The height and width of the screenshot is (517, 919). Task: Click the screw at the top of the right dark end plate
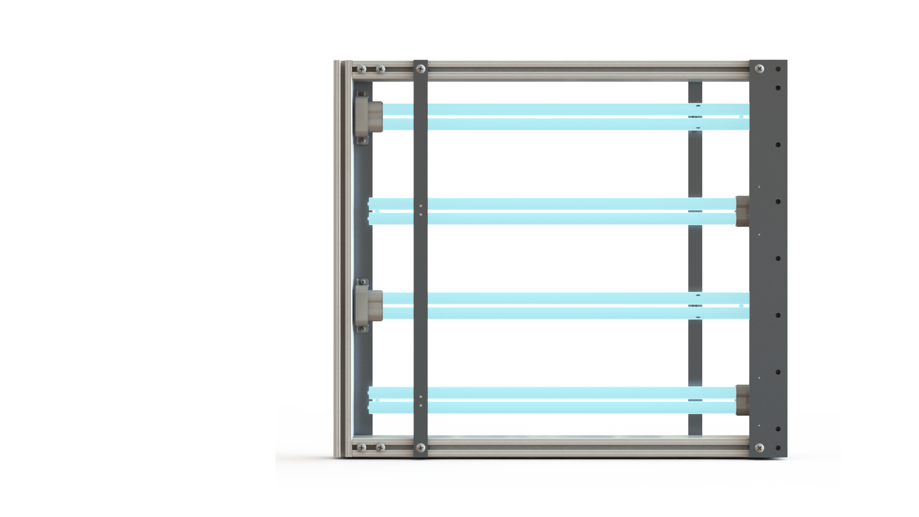click(759, 69)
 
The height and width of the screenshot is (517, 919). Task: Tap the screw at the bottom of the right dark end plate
click(759, 448)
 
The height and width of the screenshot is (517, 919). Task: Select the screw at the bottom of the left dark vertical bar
click(420, 448)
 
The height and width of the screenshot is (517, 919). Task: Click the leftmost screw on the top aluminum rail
click(362, 69)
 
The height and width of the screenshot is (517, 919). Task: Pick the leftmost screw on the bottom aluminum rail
click(362, 448)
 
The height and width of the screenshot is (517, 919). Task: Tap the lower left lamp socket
click(368, 305)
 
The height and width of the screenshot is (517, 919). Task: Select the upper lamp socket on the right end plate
click(742, 210)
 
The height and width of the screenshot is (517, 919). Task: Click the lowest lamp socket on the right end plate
click(742, 399)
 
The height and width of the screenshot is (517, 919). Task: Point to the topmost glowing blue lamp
click(560, 116)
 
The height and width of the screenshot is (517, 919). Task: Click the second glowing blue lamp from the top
click(560, 211)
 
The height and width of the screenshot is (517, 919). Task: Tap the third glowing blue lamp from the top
click(560, 305)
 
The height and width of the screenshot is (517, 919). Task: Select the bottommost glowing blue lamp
click(560, 400)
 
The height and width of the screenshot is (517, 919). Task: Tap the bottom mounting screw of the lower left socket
click(362, 328)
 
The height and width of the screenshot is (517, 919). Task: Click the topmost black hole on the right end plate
click(778, 69)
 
